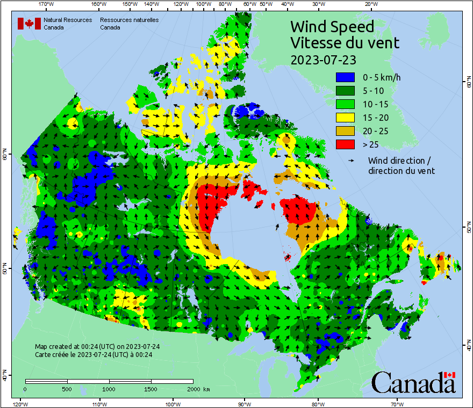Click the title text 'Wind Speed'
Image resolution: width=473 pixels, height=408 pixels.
[x=332, y=26]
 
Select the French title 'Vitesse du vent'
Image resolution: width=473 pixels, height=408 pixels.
[x=345, y=42]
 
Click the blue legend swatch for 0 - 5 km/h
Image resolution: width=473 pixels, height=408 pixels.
[x=345, y=77]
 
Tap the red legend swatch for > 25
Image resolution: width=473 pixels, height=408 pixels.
[x=345, y=144]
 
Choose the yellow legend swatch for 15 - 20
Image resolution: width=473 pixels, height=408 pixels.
[x=345, y=118]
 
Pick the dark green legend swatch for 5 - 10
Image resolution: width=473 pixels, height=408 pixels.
[x=345, y=91]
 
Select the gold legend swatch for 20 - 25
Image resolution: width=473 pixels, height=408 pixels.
[x=345, y=131]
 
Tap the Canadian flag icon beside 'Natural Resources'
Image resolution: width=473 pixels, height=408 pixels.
[x=29, y=24]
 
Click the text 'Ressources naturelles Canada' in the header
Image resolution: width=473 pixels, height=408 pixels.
[x=129, y=24]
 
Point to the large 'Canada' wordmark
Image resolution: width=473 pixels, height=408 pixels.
[x=413, y=382]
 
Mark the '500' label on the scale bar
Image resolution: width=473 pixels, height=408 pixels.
[x=67, y=389]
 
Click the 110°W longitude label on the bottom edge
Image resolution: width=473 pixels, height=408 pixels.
[x=98, y=403]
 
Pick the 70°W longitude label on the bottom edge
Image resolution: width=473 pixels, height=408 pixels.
[x=397, y=403]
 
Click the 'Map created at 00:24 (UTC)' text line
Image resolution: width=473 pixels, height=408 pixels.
[x=97, y=347]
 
